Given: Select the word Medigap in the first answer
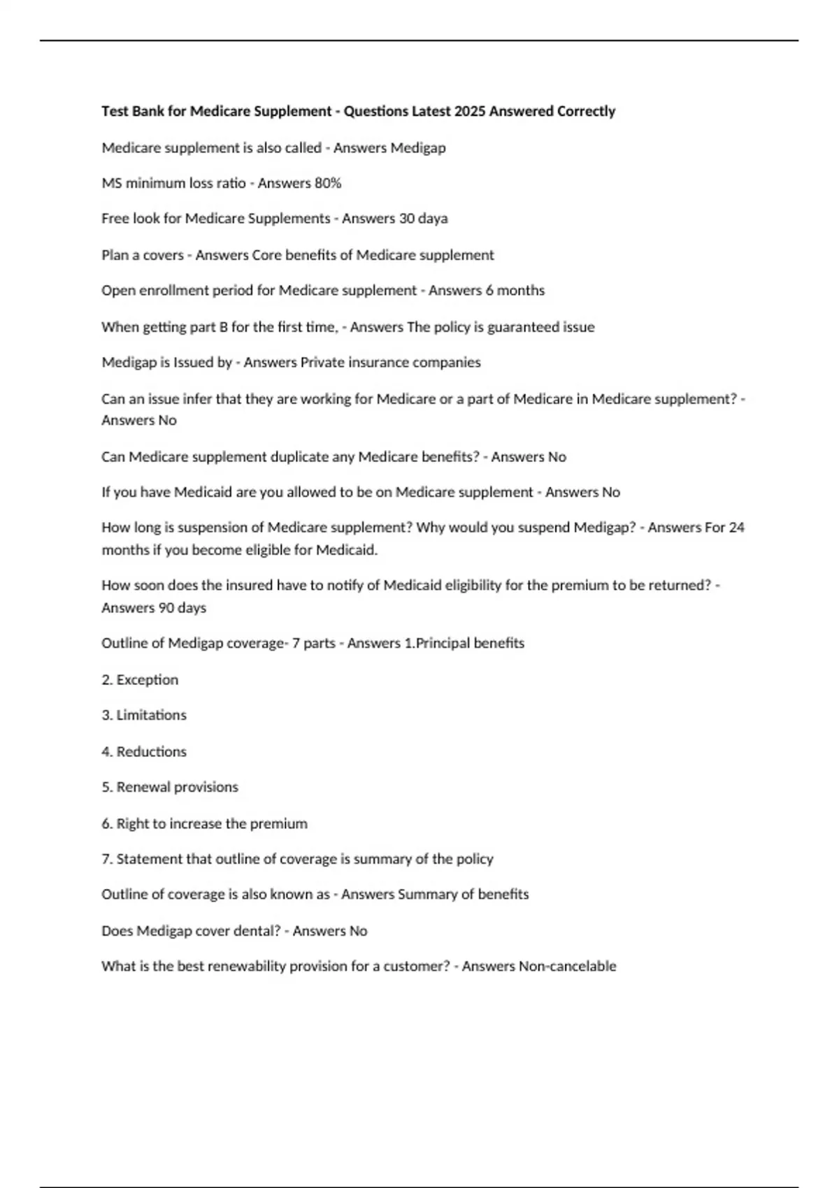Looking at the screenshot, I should [x=417, y=147].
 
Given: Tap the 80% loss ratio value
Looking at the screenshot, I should [x=328, y=183].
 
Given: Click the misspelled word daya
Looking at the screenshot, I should [x=433, y=218].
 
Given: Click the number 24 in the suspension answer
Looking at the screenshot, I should [x=736, y=527].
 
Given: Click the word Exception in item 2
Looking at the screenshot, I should [x=148, y=679].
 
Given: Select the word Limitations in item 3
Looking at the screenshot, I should [x=151, y=715].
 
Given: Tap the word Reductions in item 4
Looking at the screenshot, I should [x=151, y=751].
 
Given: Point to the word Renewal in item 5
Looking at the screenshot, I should [x=143, y=787].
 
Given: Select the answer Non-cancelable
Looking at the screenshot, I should [x=567, y=966].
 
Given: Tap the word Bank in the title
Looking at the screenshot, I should [x=148, y=111].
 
